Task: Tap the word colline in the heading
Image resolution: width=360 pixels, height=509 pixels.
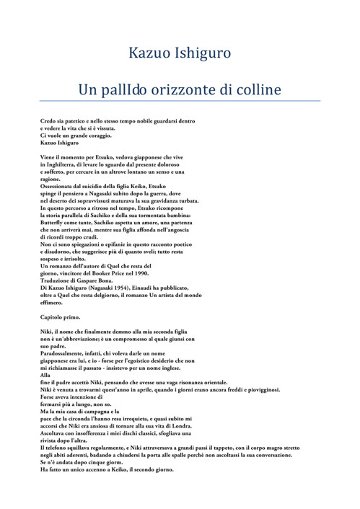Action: pos(255,92)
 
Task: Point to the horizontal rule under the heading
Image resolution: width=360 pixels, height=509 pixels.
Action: pos(180,101)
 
